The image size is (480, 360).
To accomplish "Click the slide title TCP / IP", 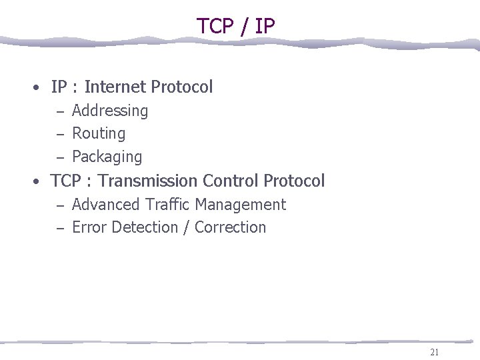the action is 235,25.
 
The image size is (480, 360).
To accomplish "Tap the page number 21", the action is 435,353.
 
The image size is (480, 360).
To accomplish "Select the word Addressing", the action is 110,111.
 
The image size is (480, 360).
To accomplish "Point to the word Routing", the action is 99,134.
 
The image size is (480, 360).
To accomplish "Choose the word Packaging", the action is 107,157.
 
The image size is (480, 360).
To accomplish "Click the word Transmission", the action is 148,181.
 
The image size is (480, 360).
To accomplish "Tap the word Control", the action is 231,181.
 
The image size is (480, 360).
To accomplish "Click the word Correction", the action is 230,227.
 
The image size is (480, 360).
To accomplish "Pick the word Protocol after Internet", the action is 182,87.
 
